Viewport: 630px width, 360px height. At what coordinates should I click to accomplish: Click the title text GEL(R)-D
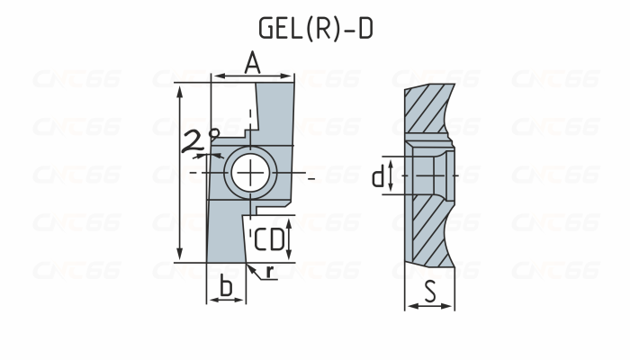click(315, 28)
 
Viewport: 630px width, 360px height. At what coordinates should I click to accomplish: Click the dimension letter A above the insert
click(252, 62)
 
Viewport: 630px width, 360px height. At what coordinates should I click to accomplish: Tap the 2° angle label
click(201, 139)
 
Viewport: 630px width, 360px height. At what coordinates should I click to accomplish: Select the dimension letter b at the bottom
click(227, 286)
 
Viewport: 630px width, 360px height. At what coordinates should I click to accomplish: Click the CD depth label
click(268, 239)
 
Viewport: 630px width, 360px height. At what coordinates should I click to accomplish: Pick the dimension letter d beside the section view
click(378, 175)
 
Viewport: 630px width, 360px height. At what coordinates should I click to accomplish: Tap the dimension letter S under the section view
click(430, 290)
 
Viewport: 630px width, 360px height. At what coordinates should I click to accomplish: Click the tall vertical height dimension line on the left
click(181, 171)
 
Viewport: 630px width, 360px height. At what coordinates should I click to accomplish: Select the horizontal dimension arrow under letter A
click(252, 76)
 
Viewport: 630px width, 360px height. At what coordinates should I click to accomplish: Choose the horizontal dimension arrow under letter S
click(430, 306)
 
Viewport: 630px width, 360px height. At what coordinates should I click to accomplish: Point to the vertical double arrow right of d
click(392, 175)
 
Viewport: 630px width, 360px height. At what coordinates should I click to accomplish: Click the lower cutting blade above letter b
click(225, 234)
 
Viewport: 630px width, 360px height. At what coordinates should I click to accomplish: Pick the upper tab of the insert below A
click(274, 112)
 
